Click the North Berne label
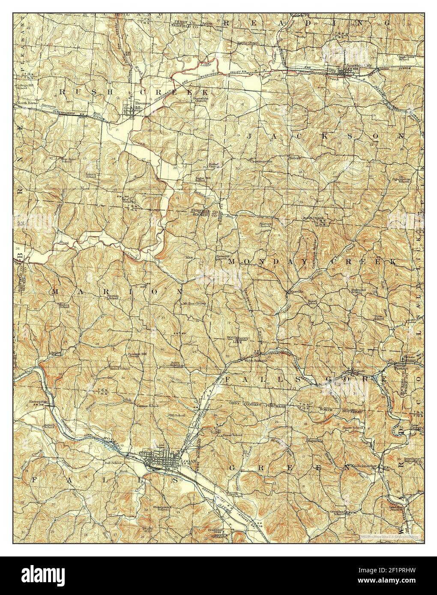[x=26, y=104]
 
